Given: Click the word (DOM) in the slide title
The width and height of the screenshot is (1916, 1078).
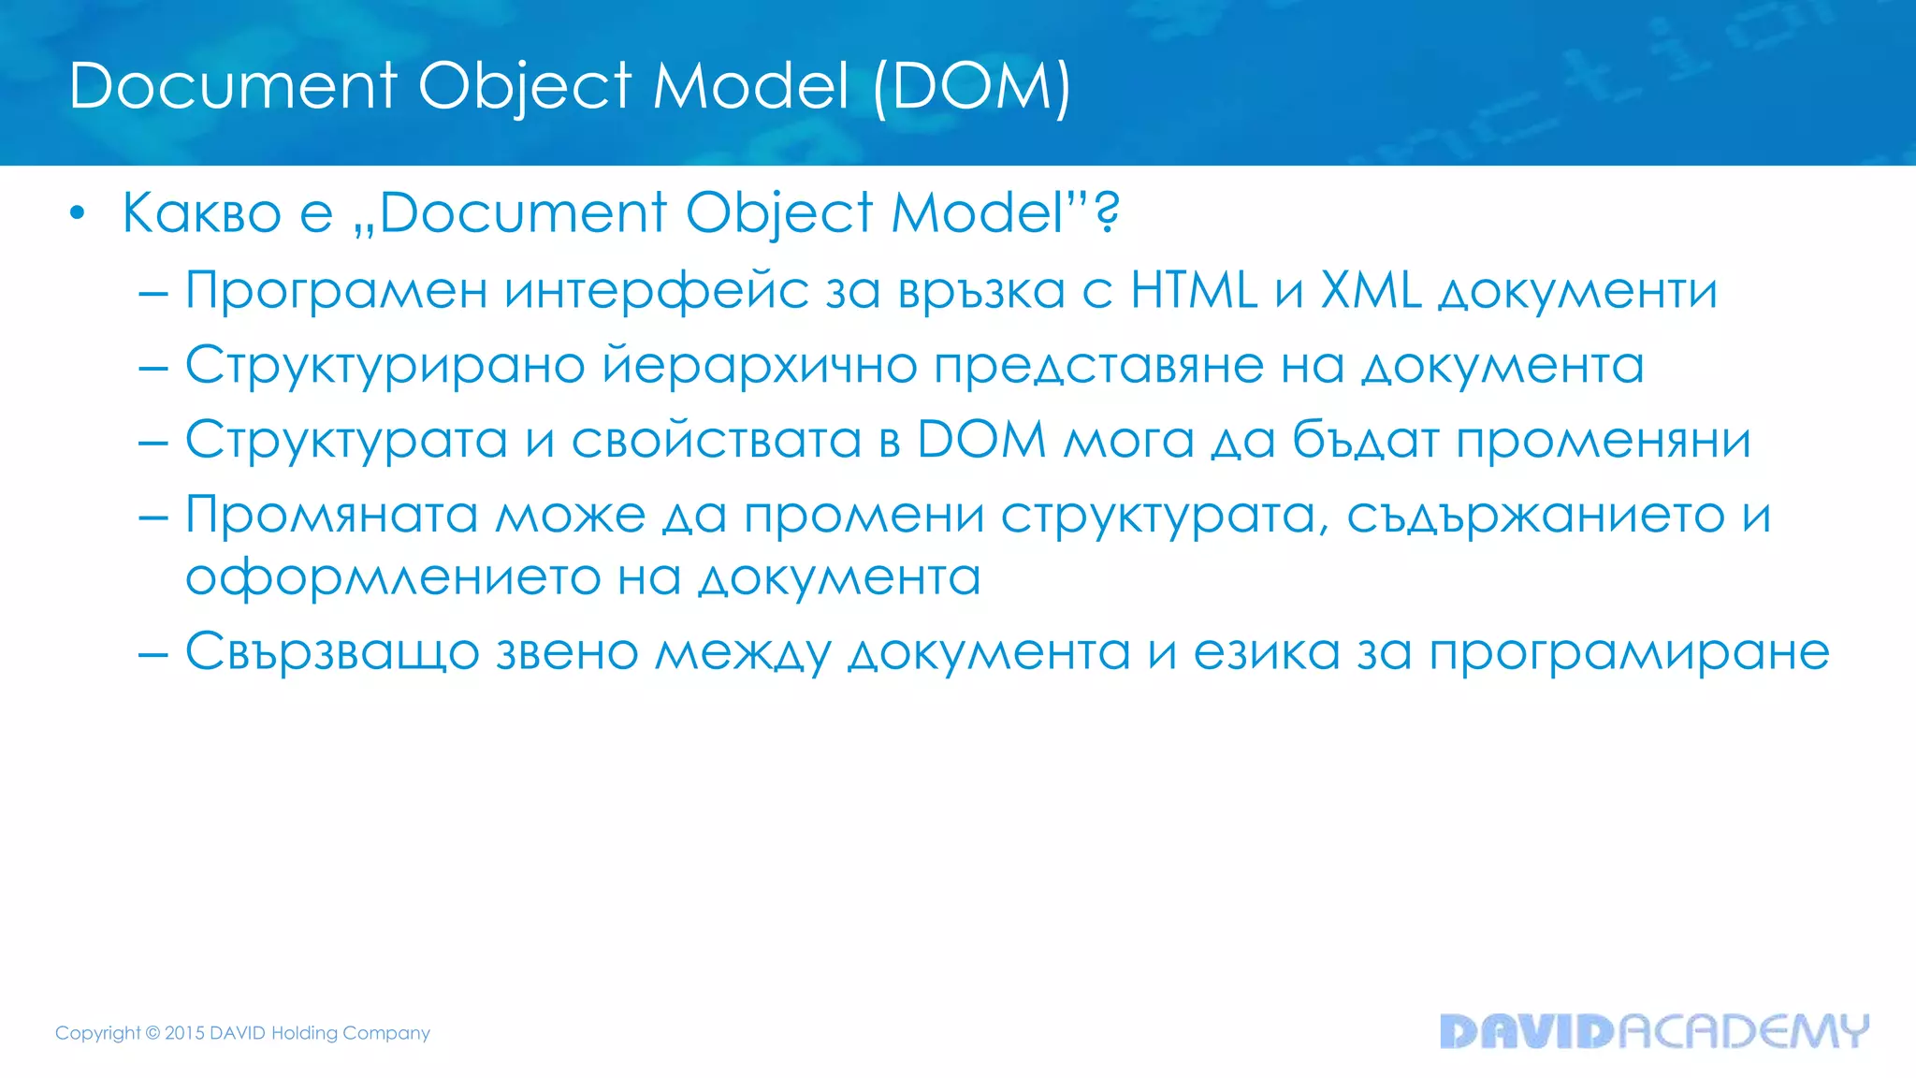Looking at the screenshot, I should pos(971,87).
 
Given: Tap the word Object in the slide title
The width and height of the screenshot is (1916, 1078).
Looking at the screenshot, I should pos(525,87).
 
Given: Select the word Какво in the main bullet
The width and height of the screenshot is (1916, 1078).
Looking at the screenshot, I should pos(202,213).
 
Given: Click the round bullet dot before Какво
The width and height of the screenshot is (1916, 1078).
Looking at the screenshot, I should pos(78,213).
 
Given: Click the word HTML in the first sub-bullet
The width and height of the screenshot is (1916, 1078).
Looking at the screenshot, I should pos(1194,290).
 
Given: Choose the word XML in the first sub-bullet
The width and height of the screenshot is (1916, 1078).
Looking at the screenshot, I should pos(1371,290).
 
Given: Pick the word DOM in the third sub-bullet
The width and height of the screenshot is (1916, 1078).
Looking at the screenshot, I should pos(981,440).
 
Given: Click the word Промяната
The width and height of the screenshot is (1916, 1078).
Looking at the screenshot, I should pos(331,516).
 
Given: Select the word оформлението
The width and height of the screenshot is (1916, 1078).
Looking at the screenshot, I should pos(393,578).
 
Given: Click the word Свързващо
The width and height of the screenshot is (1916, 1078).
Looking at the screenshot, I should pos(332,652).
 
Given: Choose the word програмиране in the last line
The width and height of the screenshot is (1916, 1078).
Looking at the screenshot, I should pos(1629,653).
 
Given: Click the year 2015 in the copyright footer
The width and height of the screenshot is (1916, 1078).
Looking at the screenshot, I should pos(184,1033).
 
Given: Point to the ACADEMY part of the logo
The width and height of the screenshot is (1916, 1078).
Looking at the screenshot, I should pos(1743,1031).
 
